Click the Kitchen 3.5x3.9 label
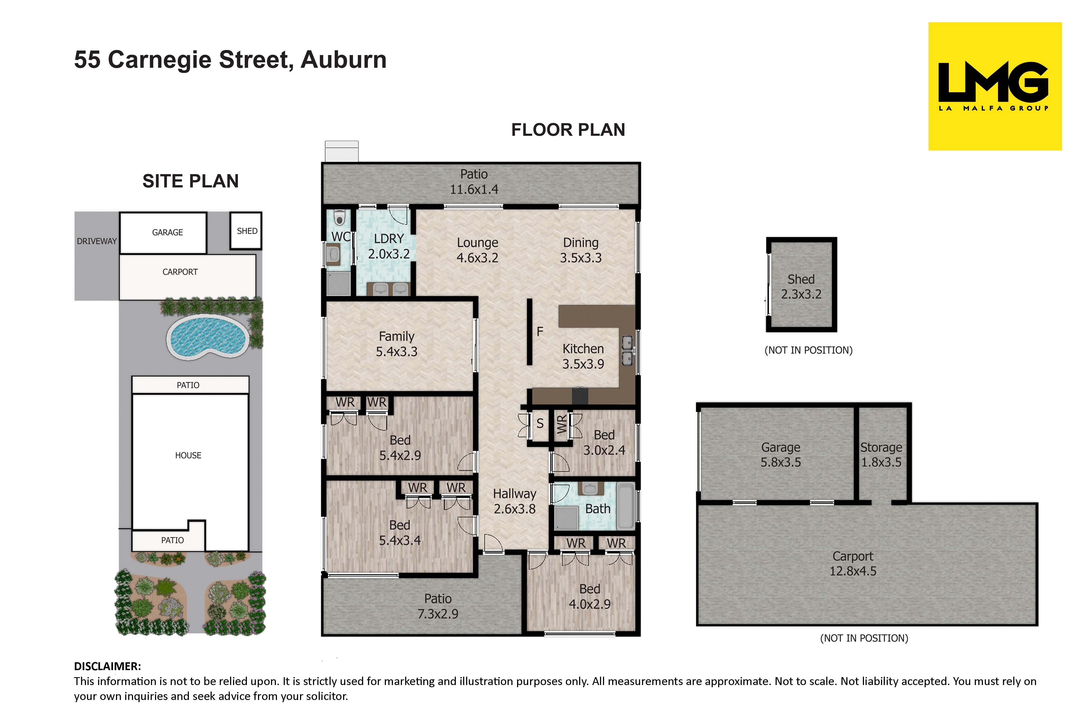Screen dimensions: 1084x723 coord(583,356)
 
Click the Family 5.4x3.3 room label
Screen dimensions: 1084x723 coord(396,344)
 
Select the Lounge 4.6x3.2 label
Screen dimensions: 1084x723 coord(478,250)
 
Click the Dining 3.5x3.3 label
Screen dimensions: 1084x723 coord(581,250)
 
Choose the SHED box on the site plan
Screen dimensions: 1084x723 coord(246,230)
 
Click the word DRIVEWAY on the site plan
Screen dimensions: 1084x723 coord(97,241)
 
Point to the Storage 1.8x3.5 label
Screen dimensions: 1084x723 coord(881,455)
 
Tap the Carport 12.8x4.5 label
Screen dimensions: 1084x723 coord(853,563)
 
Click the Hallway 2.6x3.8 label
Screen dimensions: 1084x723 coord(515,501)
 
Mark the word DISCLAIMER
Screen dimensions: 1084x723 coord(107,666)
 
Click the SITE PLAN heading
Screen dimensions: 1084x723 coord(190,181)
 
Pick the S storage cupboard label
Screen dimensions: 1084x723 coord(540,423)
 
